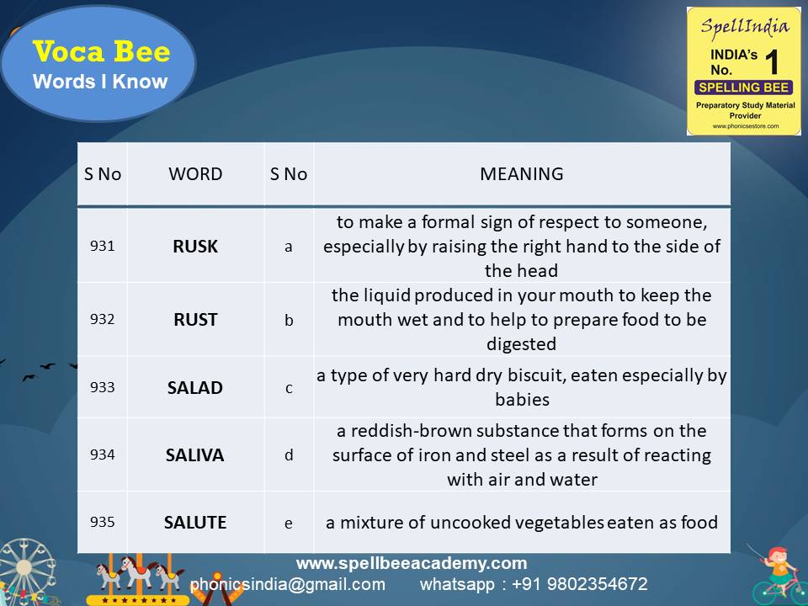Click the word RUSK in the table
[x=195, y=247]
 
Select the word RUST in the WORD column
[x=195, y=320]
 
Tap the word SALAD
[x=194, y=387]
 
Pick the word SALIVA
[x=194, y=455]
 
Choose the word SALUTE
[x=195, y=523]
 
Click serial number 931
[x=102, y=246]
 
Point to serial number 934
[x=102, y=454]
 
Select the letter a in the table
[x=289, y=247]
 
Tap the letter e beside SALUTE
[x=289, y=524]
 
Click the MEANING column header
[x=522, y=174]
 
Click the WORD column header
[x=195, y=174]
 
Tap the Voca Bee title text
[x=101, y=51]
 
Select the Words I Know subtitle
[x=100, y=82]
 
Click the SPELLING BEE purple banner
[x=743, y=88]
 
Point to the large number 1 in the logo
[x=772, y=62]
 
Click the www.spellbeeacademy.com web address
[x=412, y=563]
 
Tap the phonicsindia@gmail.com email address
[x=288, y=584]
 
